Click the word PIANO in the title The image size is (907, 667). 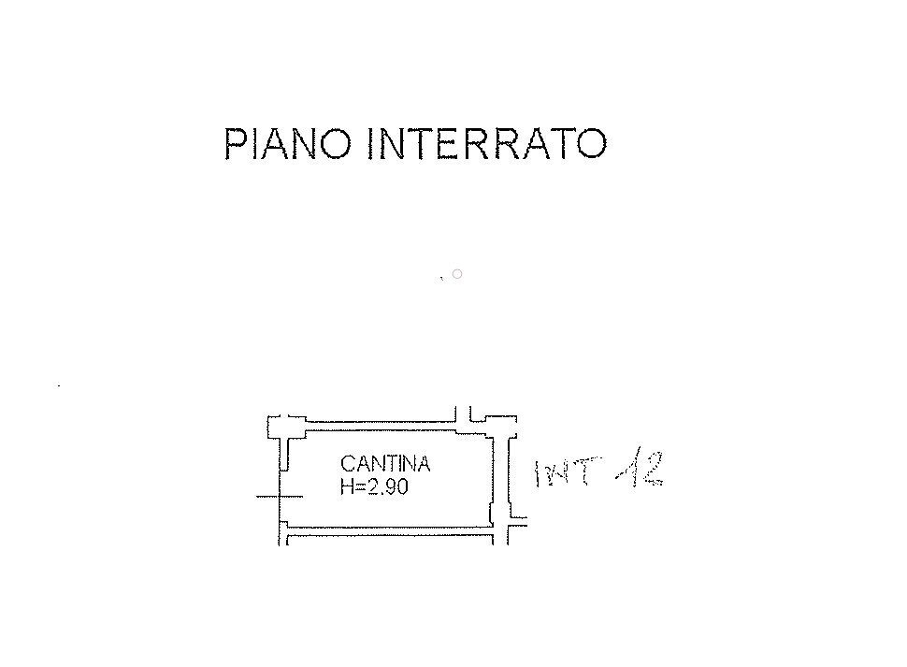coord(287,143)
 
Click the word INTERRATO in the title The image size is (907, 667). coord(487,143)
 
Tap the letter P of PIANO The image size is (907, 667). coord(235,143)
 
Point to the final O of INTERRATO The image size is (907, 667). coord(592,143)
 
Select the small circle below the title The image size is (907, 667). coord(457,273)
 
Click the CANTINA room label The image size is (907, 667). coord(385,464)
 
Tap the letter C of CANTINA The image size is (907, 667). coord(348,464)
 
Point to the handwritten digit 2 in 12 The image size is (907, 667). coord(651,469)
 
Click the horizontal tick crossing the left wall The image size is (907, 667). coord(280,497)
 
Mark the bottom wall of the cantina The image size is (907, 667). coord(389,530)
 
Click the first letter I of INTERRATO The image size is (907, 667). coord(372,143)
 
